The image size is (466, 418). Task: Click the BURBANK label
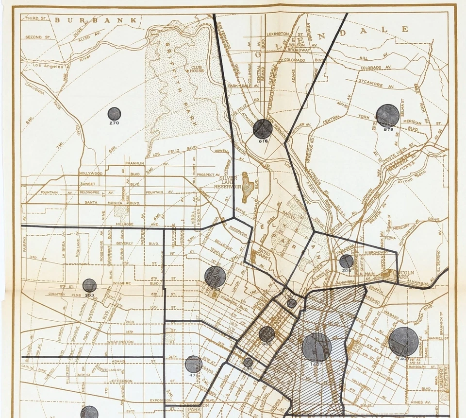pyautogui.click(x=95, y=20)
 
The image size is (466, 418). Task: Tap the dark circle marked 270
pyautogui.click(x=114, y=114)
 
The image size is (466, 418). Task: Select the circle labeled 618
pyautogui.click(x=263, y=129)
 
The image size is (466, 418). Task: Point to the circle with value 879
pyautogui.click(x=387, y=116)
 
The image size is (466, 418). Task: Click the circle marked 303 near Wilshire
pyautogui.click(x=89, y=285)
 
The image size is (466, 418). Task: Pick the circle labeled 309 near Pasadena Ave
pyautogui.click(x=346, y=261)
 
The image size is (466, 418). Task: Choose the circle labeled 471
pyautogui.click(x=193, y=364)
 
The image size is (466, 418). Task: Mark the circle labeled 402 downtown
pyautogui.click(x=266, y=334)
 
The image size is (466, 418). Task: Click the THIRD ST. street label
pyautogui.click(x=37, y=18)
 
